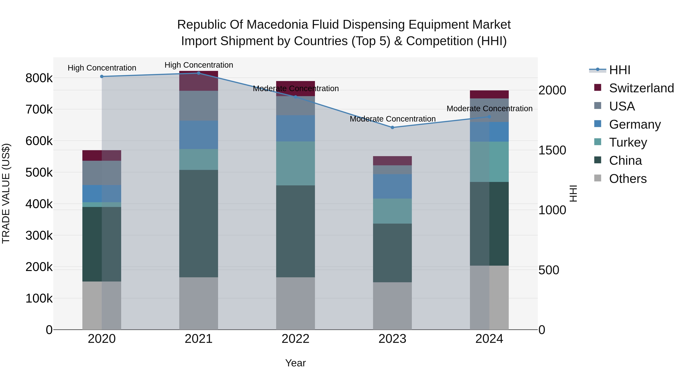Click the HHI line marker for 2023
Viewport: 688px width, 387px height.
[392, 127]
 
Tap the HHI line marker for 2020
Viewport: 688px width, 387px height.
[102, 76]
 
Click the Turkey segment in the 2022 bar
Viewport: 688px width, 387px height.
[295, 163]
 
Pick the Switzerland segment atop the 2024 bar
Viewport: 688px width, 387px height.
[489, 95]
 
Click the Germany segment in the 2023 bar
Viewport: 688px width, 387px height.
[392, 186]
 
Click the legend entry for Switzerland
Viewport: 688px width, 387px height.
[641, 88]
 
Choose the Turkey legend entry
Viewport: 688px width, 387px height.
[628, 142]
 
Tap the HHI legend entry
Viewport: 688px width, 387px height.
[619, 70]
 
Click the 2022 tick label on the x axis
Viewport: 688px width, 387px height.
[295, 339]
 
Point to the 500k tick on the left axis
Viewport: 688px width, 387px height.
[39, 173]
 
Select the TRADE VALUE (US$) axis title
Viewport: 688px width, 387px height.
[6, 193]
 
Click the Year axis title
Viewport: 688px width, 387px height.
[295, 363]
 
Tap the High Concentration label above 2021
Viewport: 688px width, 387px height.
[199, 65]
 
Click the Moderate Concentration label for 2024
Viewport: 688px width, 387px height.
[489, 109]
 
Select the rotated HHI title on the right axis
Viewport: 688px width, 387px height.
[573, 193]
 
